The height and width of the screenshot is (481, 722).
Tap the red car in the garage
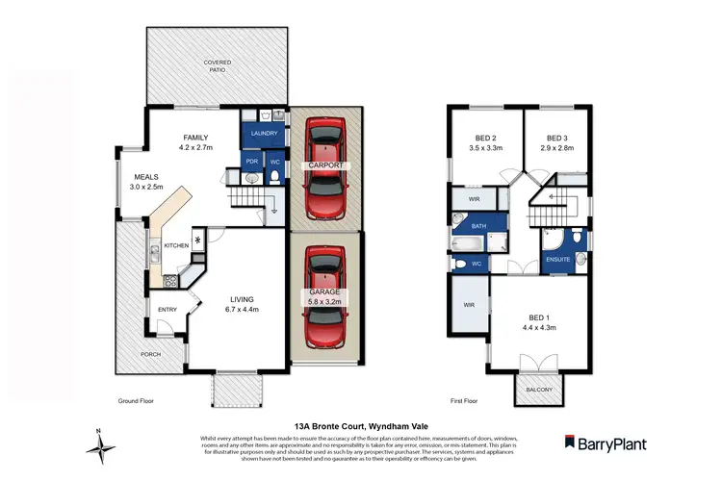tap(326, 297)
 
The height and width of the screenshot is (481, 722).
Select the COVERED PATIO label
tap(217, 67)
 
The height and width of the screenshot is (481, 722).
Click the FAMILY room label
tap(195, 139)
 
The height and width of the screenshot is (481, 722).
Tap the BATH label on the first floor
tap(478, 226)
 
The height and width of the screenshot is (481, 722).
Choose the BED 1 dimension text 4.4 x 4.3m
tap(539, 327)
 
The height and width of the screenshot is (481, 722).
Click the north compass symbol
tap(100, 443)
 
